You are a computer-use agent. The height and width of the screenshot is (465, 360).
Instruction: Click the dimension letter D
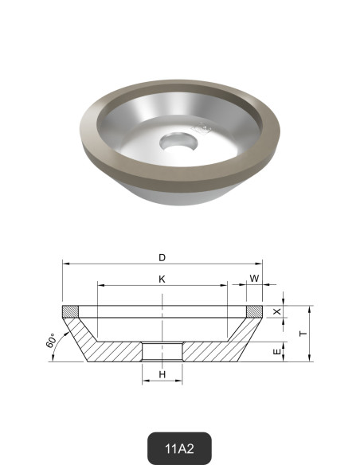[162, 257]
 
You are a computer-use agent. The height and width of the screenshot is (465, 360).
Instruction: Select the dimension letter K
[162, 279]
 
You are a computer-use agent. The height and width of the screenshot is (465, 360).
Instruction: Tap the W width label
[254, 279]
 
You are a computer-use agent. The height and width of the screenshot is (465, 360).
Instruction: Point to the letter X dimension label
[277, 312]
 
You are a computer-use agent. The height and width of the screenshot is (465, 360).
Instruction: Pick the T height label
[302, 334]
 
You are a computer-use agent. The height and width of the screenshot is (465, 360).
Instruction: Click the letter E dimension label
[277, 351]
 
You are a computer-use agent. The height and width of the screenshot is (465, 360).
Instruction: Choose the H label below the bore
[162, 374]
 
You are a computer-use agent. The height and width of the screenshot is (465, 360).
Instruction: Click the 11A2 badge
[180, 448]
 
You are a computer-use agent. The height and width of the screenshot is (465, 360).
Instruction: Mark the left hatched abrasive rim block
[70, 310]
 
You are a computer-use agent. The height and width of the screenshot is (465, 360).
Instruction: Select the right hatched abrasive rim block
[254, 310]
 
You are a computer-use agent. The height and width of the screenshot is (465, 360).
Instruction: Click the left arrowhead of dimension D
[65, 264]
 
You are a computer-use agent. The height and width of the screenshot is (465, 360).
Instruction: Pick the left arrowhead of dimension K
[100, 286]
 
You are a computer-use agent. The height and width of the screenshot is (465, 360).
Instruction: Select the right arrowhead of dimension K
[225, 286]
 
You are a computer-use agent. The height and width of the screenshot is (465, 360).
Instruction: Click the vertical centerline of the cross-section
[162, 318]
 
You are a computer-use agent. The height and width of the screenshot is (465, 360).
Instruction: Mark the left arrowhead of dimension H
[145, 381]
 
